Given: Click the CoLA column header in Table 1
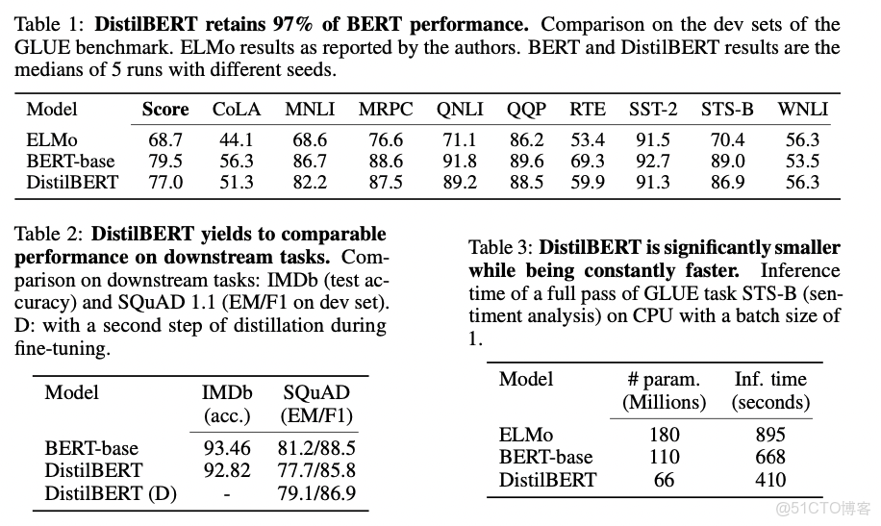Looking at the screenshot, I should coord(237,110).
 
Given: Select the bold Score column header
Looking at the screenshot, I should coord(165,110).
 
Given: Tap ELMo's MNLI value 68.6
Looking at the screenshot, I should coord(310,140).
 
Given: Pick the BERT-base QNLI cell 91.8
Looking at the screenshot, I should coord(459,162).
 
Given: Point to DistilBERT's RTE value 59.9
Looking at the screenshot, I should coord(587,183).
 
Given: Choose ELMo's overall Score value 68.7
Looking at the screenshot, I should coord(165,140).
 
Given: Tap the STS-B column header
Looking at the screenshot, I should coord(727,110).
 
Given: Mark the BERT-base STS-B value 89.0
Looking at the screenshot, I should coord(727,162).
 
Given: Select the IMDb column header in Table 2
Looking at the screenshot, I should coord(226,393).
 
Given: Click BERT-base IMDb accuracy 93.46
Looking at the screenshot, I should coord(227,448).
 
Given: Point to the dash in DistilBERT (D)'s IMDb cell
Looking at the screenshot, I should coord(227,493).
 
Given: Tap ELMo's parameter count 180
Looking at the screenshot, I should coord(664,435).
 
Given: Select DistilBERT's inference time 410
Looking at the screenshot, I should coord(770,480).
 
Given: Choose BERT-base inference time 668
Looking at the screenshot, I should coord(770,458).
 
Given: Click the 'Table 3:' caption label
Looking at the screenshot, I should coord(501,249).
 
